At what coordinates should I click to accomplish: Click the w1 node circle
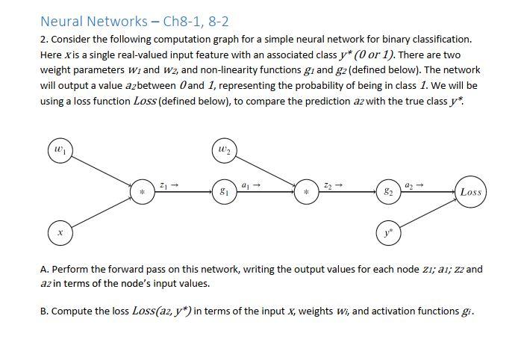click(60, 150)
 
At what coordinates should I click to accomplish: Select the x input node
click(60, 233)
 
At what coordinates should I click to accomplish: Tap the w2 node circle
click(223, 150)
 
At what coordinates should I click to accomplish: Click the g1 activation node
click(223, 192)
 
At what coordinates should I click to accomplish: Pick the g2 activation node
click(387, 192)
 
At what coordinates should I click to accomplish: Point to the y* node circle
click(387, 232)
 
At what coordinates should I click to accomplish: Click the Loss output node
click(470, 192)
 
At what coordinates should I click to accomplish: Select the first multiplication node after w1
click(142, 193)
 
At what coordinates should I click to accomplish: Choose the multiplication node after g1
click(306, 193)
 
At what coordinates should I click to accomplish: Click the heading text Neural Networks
click(94, 22)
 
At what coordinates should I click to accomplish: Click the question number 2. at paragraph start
click(43, 39)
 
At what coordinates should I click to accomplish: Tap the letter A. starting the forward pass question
click(44, 269)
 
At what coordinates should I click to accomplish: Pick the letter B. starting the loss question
click(44, 311)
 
